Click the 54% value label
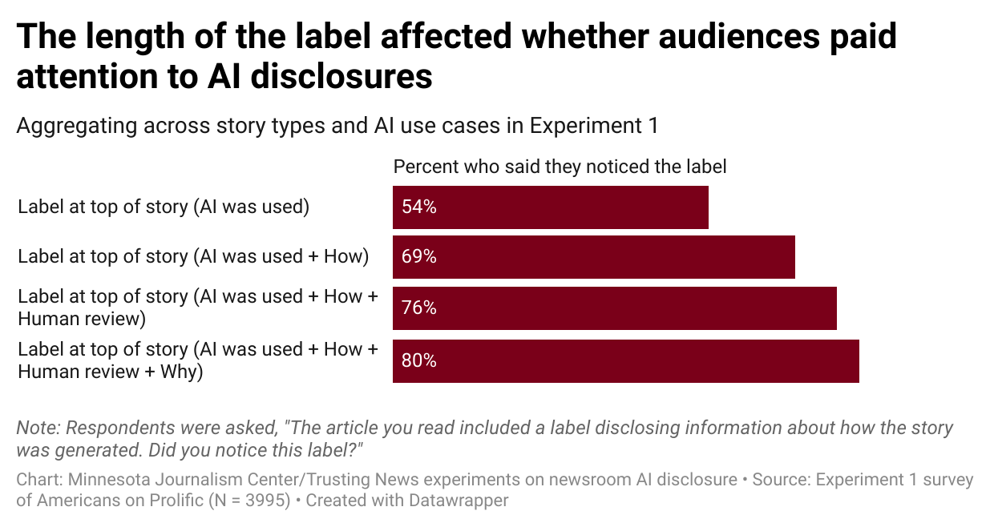pos(419,207)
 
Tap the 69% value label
pos(419,257)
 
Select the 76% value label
pos(419,308)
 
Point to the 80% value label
pos(419,361)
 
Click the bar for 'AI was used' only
pos(561,207)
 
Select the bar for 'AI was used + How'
pos(601,257)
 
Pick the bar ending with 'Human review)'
pos(625,308)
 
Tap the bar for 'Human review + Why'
pos(633,361)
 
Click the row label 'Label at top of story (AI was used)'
pos(164,207)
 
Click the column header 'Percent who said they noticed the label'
pos(560,167)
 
